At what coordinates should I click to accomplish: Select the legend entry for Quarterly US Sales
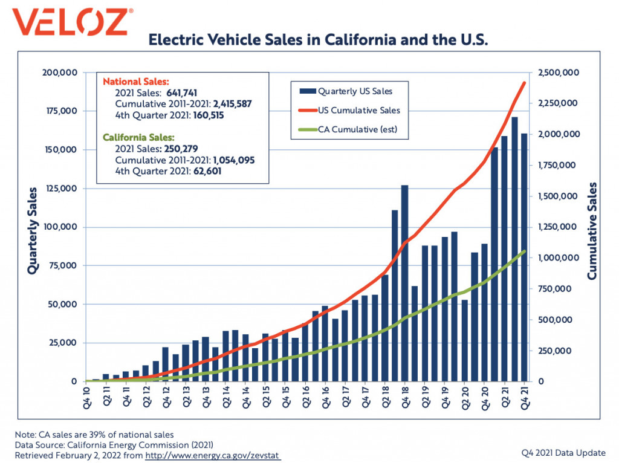(346, 91)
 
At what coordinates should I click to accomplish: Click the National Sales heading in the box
(136, 82)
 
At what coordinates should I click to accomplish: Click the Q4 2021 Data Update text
(563, 453)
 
